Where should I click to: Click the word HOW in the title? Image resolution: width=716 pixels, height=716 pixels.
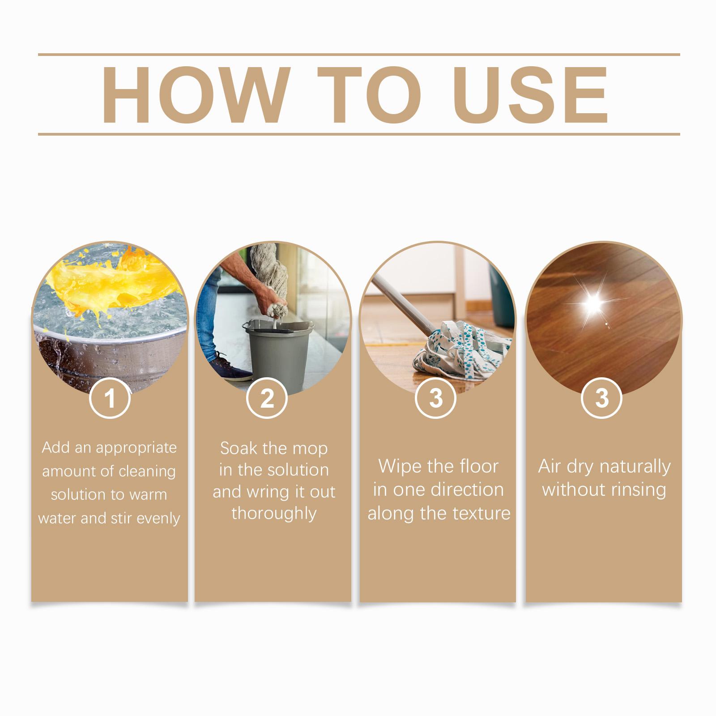pyautogui.click(x=195, y=95)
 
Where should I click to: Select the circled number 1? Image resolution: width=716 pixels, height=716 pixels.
pyautogui.click(x=110, y=398)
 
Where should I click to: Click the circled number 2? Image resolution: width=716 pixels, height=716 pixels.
pyautogui.click(x=267, y=398)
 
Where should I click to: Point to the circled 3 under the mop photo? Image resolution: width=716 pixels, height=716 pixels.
pyautogui.click(x=436, y=398)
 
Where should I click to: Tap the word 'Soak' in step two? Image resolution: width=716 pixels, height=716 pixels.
pyautogui.click(x=237, y=448)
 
